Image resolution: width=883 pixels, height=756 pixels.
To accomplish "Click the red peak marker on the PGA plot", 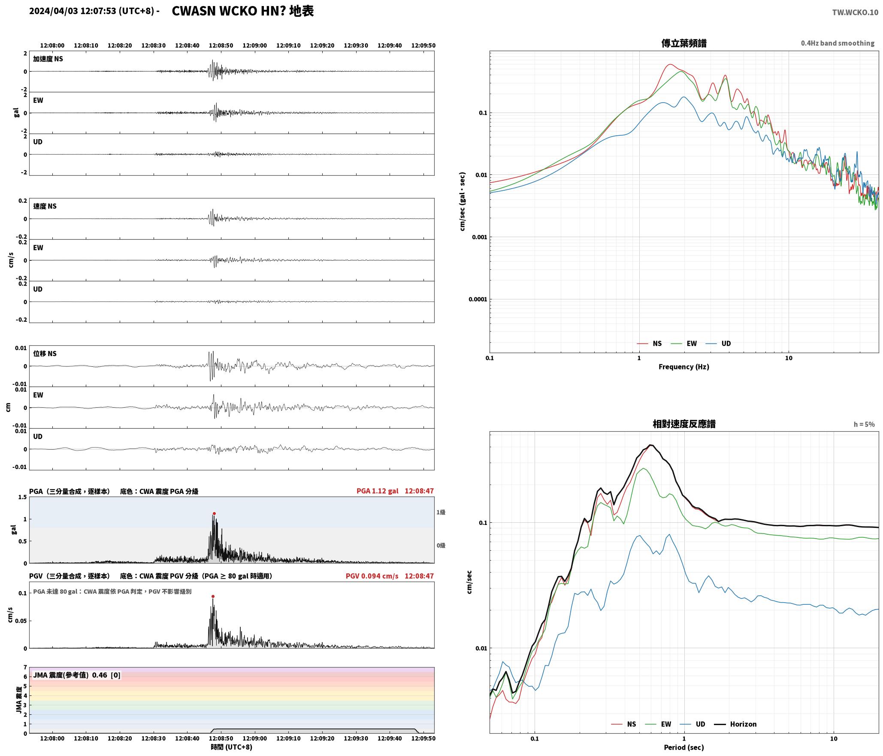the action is (214, 513).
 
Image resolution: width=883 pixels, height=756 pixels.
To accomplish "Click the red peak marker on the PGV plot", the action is (213, 596).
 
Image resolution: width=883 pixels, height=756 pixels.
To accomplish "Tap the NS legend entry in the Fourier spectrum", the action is (649, 343).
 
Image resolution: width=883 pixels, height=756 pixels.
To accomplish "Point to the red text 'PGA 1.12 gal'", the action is (377, 491).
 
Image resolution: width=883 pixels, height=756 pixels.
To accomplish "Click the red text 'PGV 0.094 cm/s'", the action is (372, 576).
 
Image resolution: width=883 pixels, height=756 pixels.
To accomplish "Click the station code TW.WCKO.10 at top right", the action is (855, 12).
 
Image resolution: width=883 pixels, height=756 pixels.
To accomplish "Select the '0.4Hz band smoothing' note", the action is (838, 43).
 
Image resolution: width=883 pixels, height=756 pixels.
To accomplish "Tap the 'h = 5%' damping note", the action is (864, 424).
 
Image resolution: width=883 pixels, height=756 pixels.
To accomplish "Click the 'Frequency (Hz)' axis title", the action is (684, 366).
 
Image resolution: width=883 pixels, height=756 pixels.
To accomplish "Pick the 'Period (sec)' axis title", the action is (684, 747).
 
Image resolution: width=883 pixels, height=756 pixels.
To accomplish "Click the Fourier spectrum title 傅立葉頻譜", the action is (684, 43).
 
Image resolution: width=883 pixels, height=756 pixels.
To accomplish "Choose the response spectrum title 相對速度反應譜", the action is (684, 424).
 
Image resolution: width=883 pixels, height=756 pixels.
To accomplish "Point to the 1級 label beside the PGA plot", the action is (441, 512).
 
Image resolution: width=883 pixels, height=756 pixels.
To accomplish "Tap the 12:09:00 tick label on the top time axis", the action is (255, 46).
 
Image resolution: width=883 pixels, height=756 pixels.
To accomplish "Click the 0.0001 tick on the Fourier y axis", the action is (478, 299).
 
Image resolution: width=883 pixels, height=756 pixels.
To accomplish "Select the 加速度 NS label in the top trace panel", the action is (48, 59).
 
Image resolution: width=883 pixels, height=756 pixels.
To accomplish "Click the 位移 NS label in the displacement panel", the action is (45, 354).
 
